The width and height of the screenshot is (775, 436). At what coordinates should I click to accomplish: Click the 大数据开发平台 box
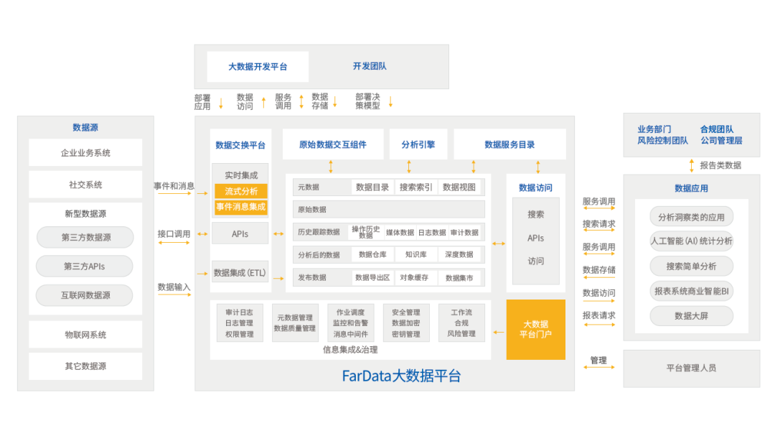pyautogui.click(x=258, y=67)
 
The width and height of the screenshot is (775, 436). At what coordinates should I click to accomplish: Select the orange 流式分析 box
pyautogui.click(x=241, y=191)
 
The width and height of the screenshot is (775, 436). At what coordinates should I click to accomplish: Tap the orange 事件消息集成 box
pyautogui.click(x=241, y=207)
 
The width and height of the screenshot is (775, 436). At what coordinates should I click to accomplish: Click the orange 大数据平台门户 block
pyautogui.click(x=535, y=330)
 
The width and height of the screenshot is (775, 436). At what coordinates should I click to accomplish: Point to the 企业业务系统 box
pyautogui.click(x=85, y=153)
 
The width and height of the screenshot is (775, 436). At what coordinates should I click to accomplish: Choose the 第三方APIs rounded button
pyautogui.click(x=85, y=266)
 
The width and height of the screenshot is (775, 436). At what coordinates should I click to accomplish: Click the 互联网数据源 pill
pyautogui.click(x=85, y=295)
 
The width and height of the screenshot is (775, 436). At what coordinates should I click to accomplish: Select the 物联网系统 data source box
pyautogui.click(x=85, y=335)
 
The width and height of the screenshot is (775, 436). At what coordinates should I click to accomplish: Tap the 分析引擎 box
pyautogui.click(x=418, y=144)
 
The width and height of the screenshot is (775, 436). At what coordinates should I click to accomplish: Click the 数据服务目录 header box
pyautogui.click(x=509, y=144)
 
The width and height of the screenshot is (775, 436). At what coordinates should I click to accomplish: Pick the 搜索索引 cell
pyautogui.click(x=416, y=187)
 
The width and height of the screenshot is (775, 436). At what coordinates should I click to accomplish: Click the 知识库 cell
pyautogui.click(x=416, y=254)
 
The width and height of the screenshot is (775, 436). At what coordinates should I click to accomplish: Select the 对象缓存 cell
pyautogui.click(x=414, y=277)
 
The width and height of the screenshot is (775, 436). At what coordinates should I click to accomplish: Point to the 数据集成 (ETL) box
pyautogui.click(x=240, y=273)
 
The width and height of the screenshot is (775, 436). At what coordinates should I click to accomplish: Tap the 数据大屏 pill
pyautogui.click(x=692, y=316)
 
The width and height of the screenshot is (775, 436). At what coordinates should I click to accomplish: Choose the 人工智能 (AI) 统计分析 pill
pyautogui.click(x=692, y=241)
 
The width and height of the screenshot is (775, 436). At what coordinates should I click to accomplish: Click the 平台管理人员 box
pyautogui.click(x=691, y=368)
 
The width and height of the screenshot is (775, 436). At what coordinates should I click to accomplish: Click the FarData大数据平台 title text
pyautogui.click(x=401, y=376)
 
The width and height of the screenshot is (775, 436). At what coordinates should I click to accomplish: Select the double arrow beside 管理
pyautogui.click(x=598, y=371)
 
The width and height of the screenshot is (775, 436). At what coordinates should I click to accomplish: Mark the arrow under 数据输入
pyautogui.click(x=174, y=295)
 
